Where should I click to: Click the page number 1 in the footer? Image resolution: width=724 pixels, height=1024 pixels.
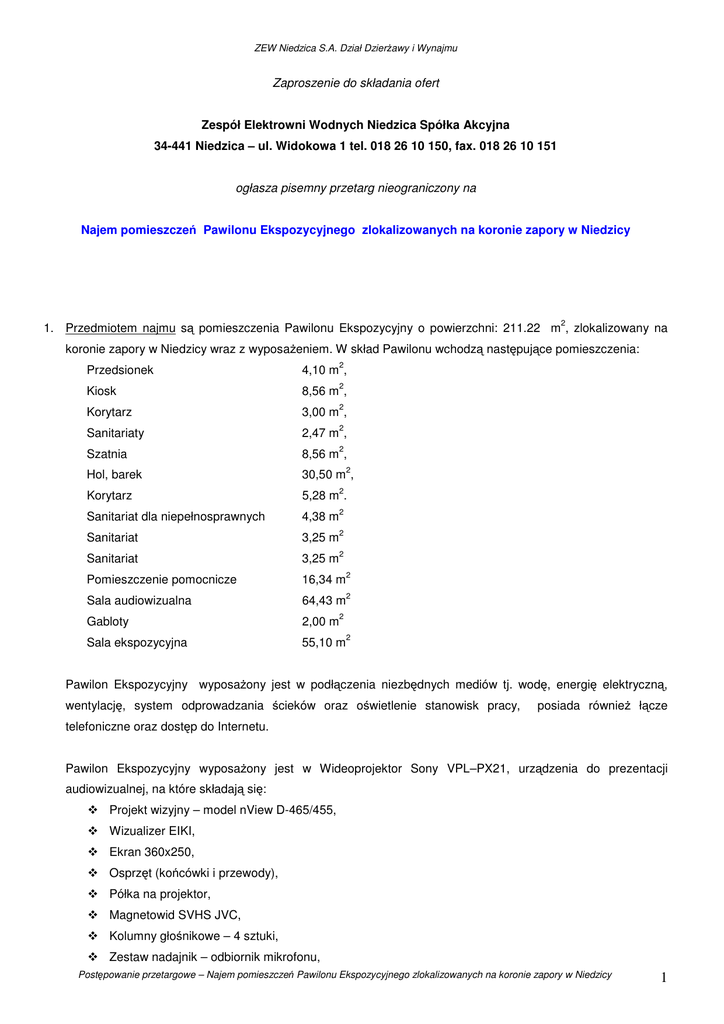pos(663,977)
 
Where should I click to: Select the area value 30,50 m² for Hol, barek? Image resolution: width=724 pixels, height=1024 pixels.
pos(326,475)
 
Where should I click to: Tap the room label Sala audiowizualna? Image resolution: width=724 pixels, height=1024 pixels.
pos(138,601)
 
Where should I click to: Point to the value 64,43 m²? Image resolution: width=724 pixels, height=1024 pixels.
pos(325,601)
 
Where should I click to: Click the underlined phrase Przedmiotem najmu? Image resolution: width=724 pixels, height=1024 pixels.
pos(120,328)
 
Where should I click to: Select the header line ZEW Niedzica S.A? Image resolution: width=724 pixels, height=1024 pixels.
pos(355,48)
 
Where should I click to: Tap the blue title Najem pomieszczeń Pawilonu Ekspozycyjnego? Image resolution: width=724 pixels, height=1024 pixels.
pos(355,230)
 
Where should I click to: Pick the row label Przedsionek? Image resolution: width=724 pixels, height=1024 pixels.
pos(120,370)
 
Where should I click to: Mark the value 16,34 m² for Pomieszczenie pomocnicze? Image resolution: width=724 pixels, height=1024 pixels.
pos(325,580)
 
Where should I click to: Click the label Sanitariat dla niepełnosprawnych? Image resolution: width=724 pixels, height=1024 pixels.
pos(175,517)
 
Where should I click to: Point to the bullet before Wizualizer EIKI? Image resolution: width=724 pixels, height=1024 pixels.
pos(93,831)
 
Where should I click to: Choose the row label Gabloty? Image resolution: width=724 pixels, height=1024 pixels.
pos(107,622)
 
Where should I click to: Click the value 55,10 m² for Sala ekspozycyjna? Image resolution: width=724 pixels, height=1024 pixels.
pos(325,643)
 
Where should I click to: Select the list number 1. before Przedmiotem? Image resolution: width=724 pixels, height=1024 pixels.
pos(48,328)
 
